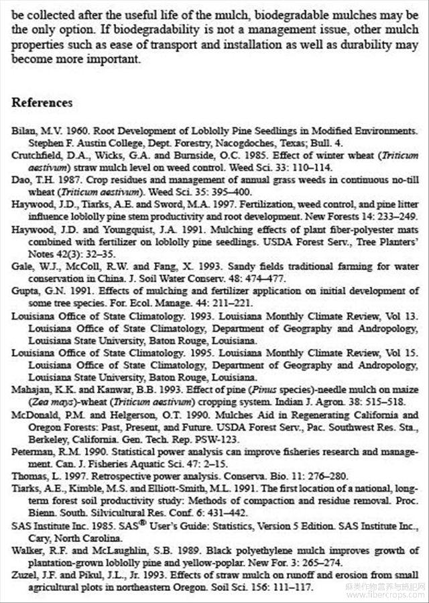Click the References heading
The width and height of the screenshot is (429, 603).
(42, 103)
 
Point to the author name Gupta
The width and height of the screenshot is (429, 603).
(24, 290)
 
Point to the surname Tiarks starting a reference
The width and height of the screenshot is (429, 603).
(25, 488)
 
